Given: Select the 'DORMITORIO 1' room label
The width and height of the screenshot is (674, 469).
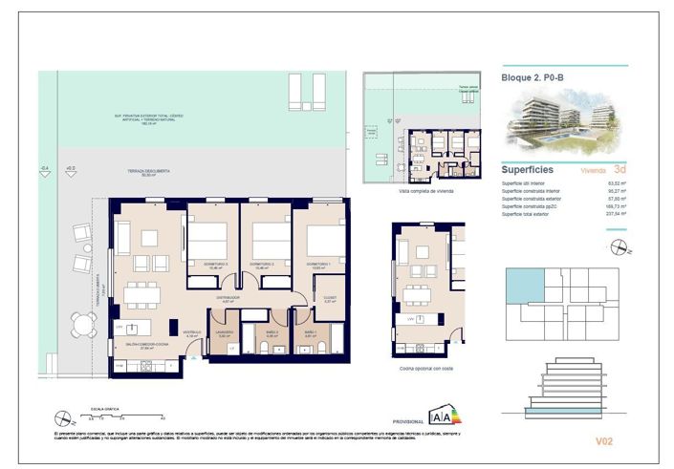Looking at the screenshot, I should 318,263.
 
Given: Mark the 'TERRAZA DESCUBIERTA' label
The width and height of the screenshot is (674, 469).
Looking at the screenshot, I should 148,171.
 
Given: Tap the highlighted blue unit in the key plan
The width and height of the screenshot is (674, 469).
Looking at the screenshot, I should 524,285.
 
